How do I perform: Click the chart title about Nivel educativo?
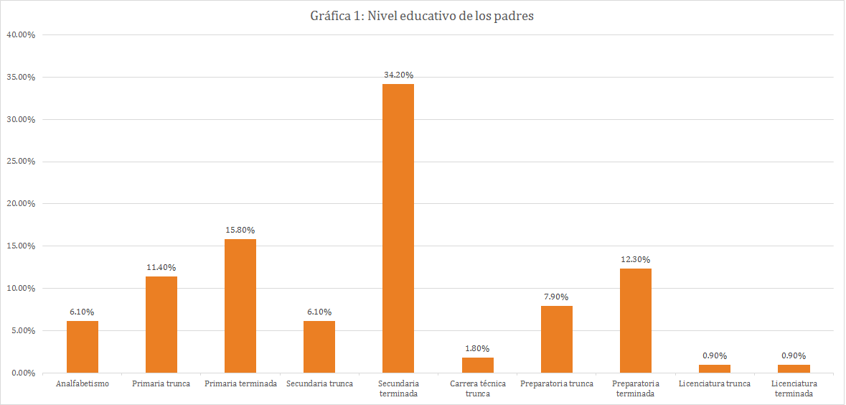click(423, 17)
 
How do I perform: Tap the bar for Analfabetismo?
click(83, 347)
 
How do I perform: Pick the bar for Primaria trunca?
click(161, 325)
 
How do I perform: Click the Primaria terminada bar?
click(240, 306)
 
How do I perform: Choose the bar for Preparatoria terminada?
click(636, 320)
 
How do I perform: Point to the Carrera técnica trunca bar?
click(478, 365)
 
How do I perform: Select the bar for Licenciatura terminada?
click(794, 368)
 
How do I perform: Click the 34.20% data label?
click(398, 75)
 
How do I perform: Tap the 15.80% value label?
click(240, 230)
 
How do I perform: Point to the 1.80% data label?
click(478, 348)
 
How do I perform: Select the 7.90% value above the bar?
click(557, 297)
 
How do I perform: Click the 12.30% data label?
click(636, 259)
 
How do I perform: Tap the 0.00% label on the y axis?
click(22, 373)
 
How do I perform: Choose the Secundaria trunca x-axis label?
click(319, 383)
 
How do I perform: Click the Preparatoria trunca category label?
click(557, 383)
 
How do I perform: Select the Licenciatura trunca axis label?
click(715, 383)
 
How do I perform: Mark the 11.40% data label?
click(161, 267)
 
